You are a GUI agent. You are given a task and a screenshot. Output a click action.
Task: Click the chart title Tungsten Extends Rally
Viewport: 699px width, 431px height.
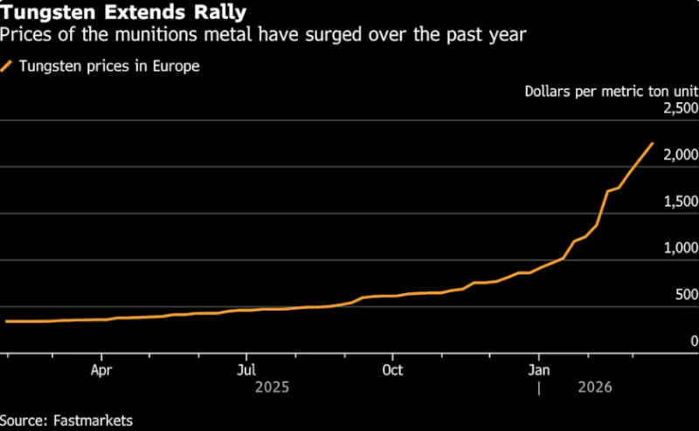[x=123, y=13]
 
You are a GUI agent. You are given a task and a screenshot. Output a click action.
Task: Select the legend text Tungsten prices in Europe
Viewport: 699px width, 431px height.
[x=109, y=65]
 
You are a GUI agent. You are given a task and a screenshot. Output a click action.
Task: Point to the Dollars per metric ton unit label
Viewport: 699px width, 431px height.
[x=611, y=91]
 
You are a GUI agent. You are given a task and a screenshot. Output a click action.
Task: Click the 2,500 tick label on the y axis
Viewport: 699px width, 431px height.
[x=680, y=109]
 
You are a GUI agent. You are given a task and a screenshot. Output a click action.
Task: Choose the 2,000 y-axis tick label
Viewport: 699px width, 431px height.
[x=680, y=155]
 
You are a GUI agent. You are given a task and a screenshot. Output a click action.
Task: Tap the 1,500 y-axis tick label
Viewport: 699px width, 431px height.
[x=680, y=202]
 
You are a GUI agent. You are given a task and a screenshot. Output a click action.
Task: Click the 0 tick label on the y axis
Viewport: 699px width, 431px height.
[x=694, y=341]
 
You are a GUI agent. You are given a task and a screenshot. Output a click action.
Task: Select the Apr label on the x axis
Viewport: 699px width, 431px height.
[x=102, y=368]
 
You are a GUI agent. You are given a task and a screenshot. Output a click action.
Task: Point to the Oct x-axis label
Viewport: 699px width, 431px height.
[x=392, y=368]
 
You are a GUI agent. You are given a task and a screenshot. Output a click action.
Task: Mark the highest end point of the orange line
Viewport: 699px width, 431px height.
[x=652, y=143]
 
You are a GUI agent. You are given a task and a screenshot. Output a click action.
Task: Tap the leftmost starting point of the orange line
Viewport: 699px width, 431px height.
[x=6, y=322]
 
